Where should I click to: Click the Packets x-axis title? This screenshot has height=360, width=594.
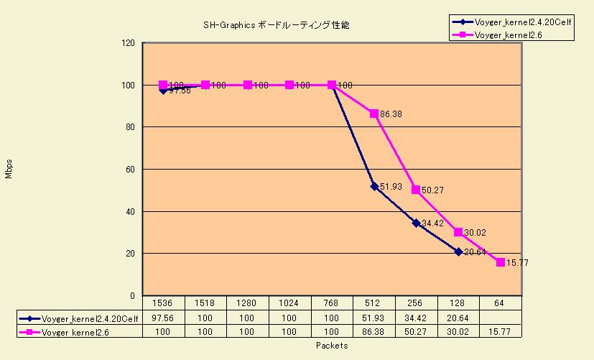coord(332,346)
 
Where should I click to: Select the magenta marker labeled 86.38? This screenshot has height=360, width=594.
coord(374,114)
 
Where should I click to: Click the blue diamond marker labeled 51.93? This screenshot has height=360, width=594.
coord(374,186)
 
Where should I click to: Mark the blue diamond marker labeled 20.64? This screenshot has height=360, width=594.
coord(458,251)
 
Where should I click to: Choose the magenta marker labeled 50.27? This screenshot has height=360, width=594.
coord(416,190)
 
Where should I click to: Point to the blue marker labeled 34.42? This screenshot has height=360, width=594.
coord(416,223)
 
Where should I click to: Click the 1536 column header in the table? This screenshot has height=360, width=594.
coord(163,303)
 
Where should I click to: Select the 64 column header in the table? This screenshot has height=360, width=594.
coord(501,303)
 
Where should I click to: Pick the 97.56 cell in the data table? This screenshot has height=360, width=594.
coord(163,317)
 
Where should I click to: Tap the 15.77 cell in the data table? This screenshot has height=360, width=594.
coord(501,331)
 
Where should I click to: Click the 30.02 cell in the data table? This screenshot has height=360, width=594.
coord(458,331)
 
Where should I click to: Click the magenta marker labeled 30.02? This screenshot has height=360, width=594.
coord(458,232)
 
